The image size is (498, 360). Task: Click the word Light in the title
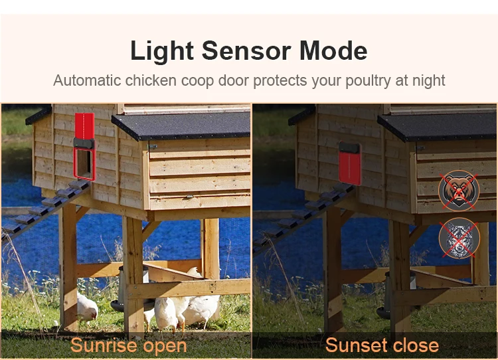(x=162, y=51)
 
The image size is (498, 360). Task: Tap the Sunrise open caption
(x=129, y=345)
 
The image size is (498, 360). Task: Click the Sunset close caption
(x=382, y=345)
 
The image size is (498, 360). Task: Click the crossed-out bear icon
(x=459, y=190)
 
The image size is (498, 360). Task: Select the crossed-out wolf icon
(x=459, y=236)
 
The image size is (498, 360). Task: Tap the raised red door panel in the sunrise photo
(x=84, y=126)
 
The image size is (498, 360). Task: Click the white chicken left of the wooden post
(x=86, y=307)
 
